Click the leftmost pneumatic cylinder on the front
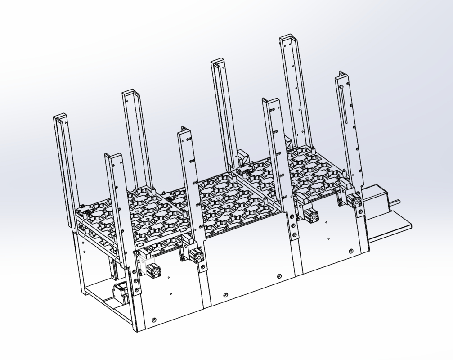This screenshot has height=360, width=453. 153,270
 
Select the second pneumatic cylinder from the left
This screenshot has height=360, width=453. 197,256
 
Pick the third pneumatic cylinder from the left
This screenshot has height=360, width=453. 310,215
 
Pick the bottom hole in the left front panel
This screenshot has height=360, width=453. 154,320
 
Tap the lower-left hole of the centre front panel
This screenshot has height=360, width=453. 224,295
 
